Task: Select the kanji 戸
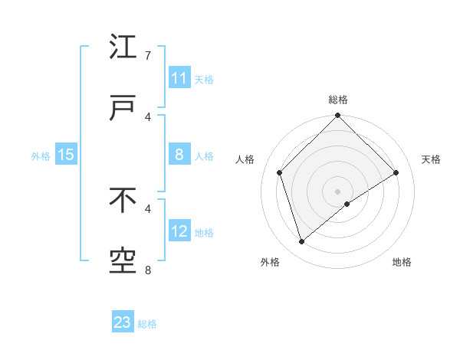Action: coord(123,107)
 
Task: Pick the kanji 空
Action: coord(123,261)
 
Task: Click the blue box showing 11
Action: coord(179,78)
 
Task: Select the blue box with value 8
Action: coord(179,155)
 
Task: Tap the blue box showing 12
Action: coord(179,231)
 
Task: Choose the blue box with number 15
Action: coord(66,155)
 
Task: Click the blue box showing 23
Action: coord(123,322)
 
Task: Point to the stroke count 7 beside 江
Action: coord(148,56)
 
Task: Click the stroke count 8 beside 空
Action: coord(148,269)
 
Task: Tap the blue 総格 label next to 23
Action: coord(147,324)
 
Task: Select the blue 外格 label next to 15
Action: coord(41,156)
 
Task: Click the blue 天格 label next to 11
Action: coord(204,80)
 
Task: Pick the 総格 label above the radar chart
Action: coord(338,100)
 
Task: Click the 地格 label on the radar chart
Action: coord(402,262)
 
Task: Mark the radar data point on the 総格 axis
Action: coord(337,116)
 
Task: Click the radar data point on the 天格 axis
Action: coord(396,172)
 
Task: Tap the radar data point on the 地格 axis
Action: coord(347,204)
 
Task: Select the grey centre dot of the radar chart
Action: coord(337,191)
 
